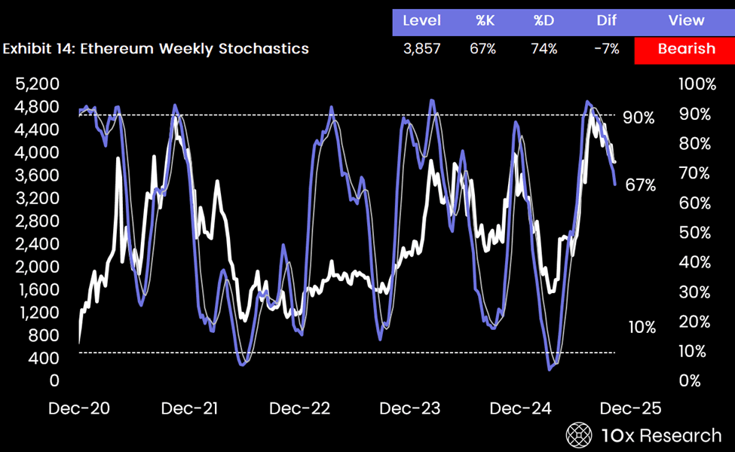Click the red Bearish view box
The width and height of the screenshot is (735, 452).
(x=685, y=49)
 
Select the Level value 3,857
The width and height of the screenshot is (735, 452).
(x=422, y=49)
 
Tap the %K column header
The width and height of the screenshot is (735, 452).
(x=485, y=20)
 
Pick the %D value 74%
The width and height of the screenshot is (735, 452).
(x=544, y=49)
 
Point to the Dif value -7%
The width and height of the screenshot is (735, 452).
(x=606, y=49)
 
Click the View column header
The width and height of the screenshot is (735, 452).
(x=686, y=20)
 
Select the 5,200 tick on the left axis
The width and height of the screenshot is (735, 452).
(x=37, y=84)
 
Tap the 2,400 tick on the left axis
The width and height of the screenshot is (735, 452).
(x=37, y=243)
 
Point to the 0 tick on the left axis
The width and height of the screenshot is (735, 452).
(x=54, y=380)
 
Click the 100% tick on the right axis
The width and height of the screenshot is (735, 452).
(x=697, y=84)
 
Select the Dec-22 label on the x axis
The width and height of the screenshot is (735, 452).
(x=300, y=408)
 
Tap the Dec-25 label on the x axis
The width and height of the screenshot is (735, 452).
(x=630, y=408)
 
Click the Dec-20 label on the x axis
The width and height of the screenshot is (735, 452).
(x=78, y=408)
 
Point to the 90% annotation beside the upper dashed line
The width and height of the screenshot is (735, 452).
(x=639, y=118)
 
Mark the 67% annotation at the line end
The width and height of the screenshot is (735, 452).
(x=641, y=185)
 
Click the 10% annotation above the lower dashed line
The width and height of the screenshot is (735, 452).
(x=642, y=327)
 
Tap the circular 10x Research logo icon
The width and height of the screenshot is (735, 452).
(x=580, y=435)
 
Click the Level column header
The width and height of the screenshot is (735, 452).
(x=422, y=20)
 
